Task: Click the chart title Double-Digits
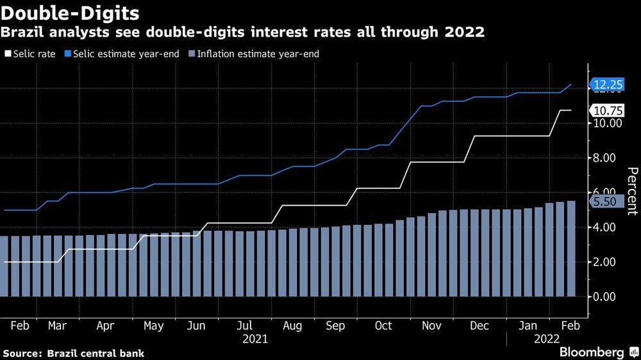pyautogui.click(x=71, y=12)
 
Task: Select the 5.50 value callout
pyautogui.click(x=606, y=201)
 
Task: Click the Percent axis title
pyautogui.click(x=631, y=191)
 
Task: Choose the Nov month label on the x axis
pyautogui.click(x=431, y=325)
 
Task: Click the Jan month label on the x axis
pyautogui.click(x=528, y=325)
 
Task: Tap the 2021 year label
pyautogui.click(x=255, y=339)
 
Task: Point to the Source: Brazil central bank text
pyautogui.click(x=74, y=353)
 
